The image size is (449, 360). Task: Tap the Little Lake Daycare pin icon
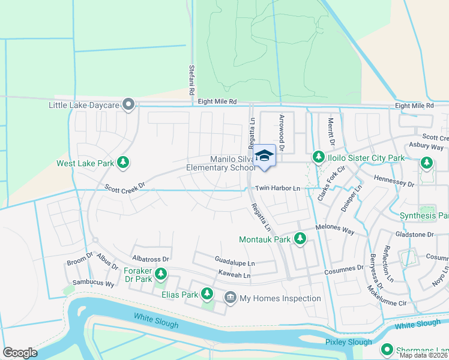128,105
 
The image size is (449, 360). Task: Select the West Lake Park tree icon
123,163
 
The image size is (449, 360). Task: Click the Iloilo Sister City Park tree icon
318,158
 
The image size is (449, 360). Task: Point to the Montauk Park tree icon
300,239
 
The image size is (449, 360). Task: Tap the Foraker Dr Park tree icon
160,274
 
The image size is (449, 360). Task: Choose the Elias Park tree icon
207,293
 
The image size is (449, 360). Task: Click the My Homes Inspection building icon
231,298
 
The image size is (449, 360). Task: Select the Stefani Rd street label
191,81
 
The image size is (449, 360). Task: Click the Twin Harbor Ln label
277,188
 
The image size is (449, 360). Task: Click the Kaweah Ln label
234,275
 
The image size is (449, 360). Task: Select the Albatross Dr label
150,259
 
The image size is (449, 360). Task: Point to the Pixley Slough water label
348,341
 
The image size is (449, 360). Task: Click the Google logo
20,352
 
